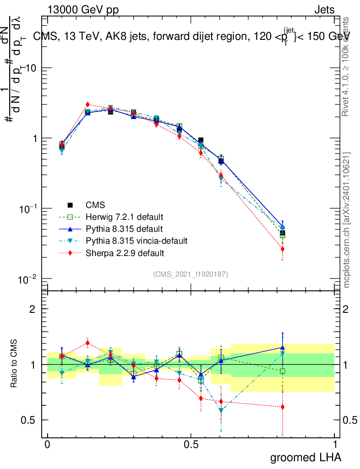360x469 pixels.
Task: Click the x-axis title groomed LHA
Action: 305,457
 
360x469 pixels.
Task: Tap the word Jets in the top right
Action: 324,10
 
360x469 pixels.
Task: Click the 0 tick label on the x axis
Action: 47,445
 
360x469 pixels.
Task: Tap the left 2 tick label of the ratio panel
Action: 33,309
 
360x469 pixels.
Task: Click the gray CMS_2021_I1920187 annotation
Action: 191,274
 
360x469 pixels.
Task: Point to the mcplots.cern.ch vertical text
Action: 347,220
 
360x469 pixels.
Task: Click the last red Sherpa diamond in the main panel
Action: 283,249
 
